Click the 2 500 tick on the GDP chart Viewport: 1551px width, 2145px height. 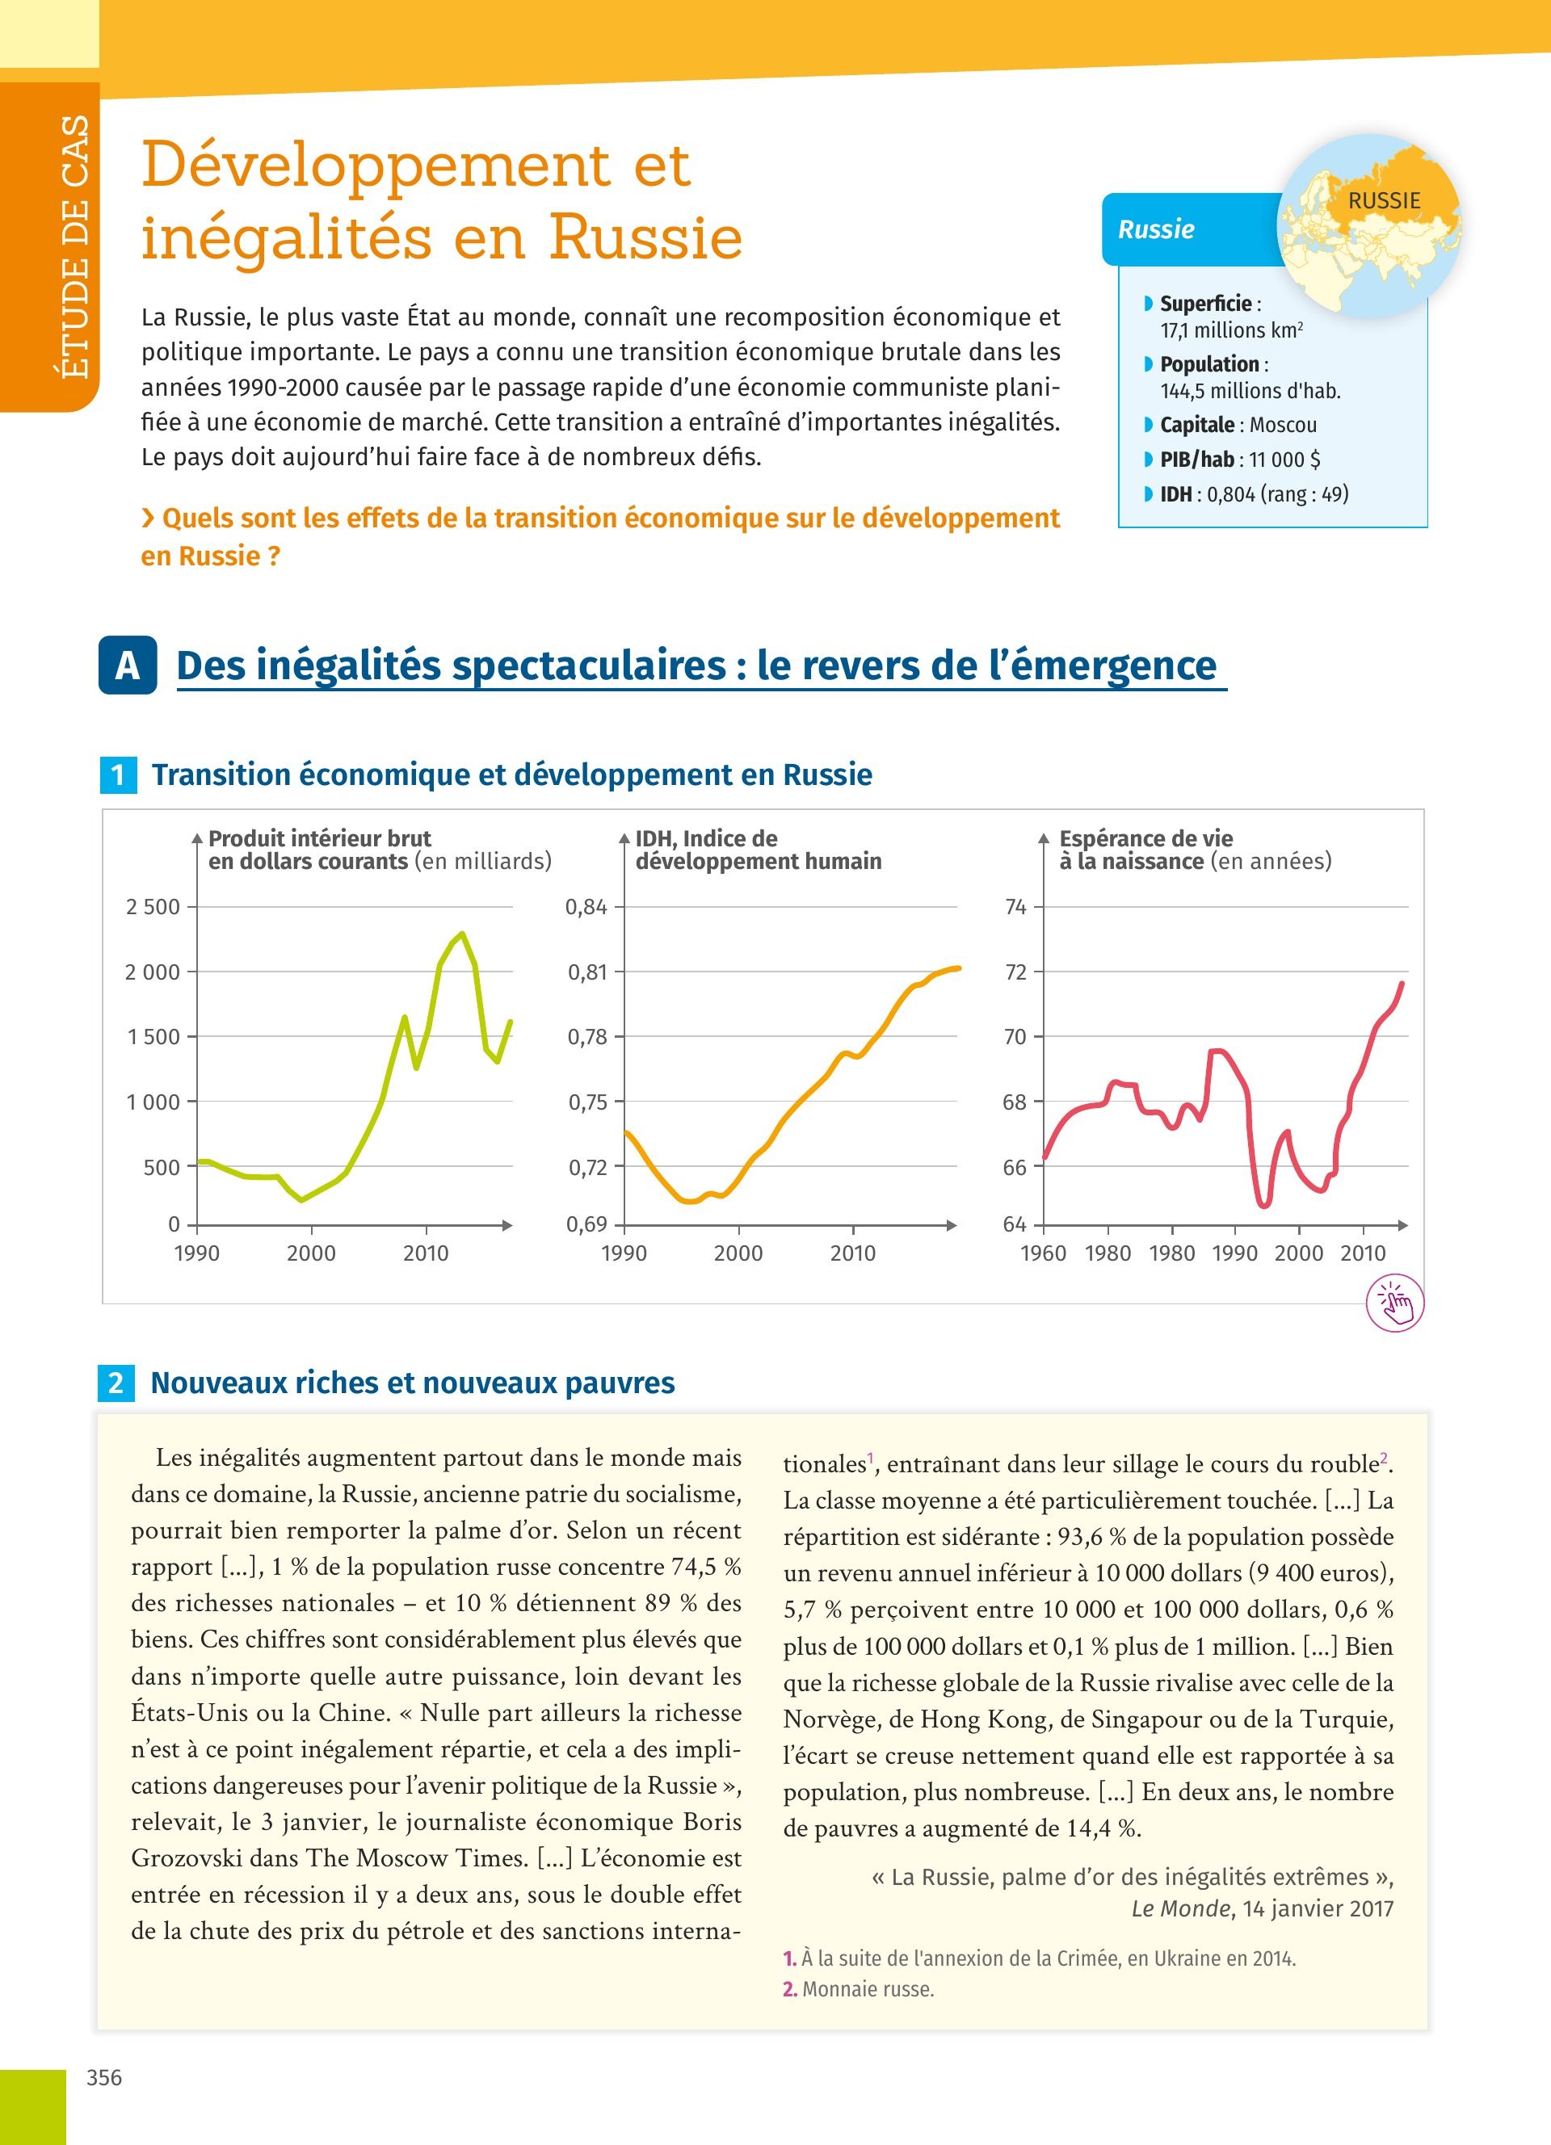(152, 907)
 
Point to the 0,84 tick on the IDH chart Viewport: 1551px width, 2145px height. (586, 907)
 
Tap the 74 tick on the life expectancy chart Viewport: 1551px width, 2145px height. (1015, 907)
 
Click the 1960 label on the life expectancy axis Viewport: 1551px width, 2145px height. (1043, 1253)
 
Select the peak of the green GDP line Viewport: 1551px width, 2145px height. (461, 934)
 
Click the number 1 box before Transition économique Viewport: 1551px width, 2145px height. (117, 775)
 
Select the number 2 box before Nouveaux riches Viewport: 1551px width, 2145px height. (116, 1383)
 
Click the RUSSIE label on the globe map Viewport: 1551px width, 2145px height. (1384, 200)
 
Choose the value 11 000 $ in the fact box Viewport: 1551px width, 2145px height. (1284, 460)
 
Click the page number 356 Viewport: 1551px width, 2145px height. (104, 2078)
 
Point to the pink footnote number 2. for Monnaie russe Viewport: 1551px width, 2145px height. (790, 1989)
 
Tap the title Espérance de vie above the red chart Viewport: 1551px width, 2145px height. (1145, 839)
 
